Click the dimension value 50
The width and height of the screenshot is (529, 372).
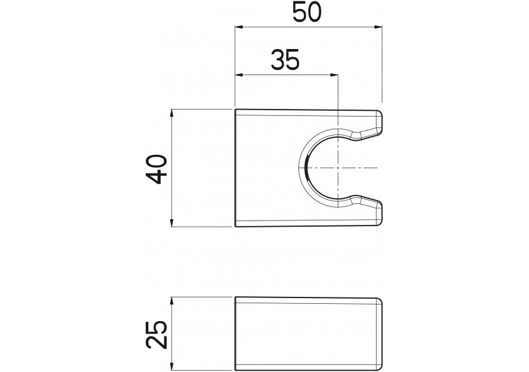pos(307,12)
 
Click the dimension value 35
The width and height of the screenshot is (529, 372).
pos(285,59)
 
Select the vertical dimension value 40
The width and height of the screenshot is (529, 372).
pos(157,169)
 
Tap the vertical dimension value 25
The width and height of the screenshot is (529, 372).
pos(157,334)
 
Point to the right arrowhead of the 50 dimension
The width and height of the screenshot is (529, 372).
pos(378,27)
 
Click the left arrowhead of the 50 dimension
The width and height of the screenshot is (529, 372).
pos(239,27)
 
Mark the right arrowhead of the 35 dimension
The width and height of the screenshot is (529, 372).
pos(334,75)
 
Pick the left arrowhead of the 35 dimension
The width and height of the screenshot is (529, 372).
pos(239,75)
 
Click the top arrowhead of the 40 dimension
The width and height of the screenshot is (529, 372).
pos(172,113)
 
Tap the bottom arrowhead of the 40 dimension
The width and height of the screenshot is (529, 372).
pos(172,222)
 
